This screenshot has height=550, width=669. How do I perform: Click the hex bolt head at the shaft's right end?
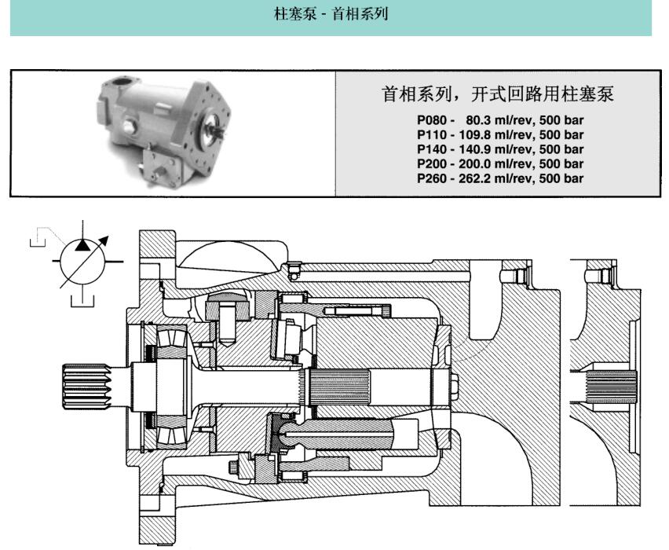(456, 384)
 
